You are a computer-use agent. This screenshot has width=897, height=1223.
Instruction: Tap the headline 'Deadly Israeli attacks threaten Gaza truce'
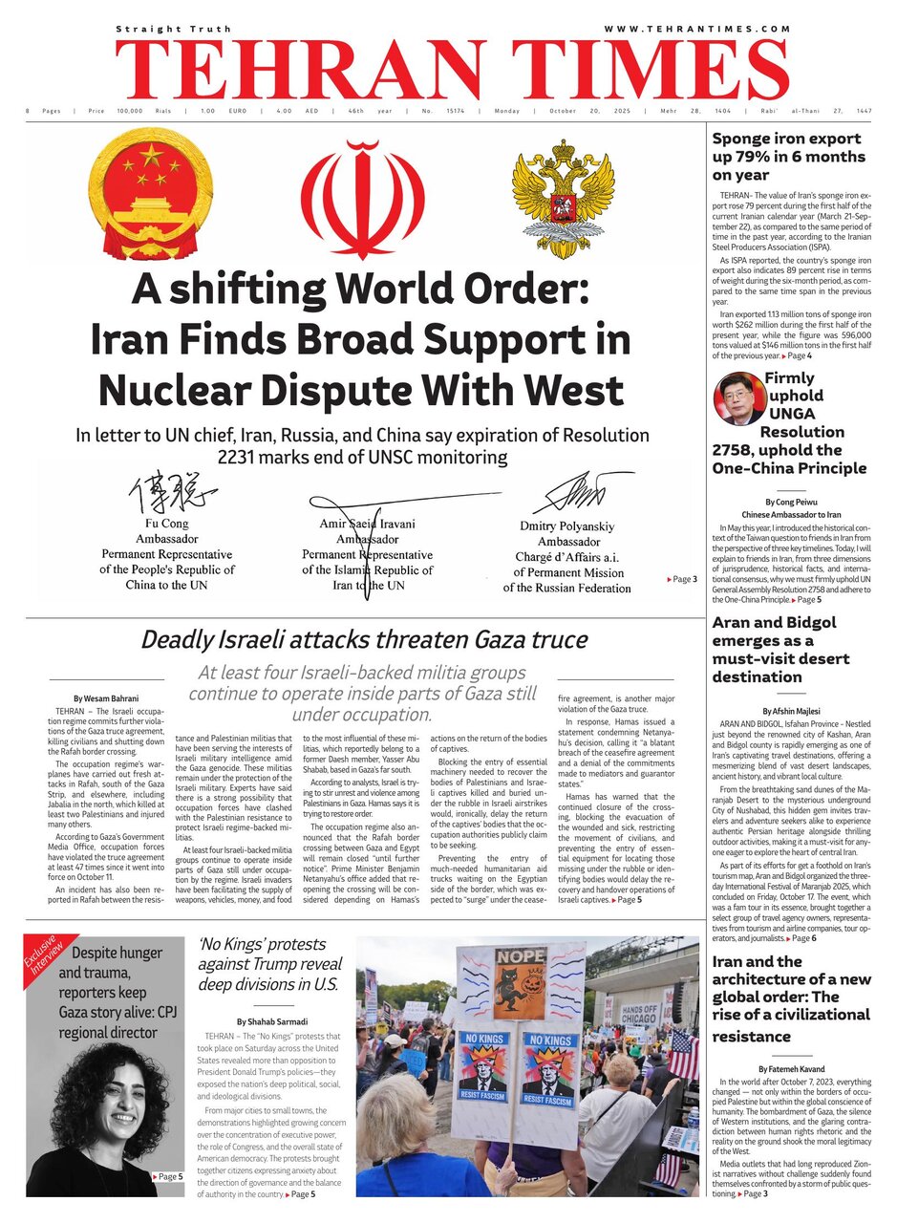point(351,639)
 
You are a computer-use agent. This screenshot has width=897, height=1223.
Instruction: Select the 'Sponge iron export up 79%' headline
point(786,157)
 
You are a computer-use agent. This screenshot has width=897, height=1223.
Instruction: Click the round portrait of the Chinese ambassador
point(739,397)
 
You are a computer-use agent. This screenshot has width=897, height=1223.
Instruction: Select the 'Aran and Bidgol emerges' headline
point(774,650)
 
